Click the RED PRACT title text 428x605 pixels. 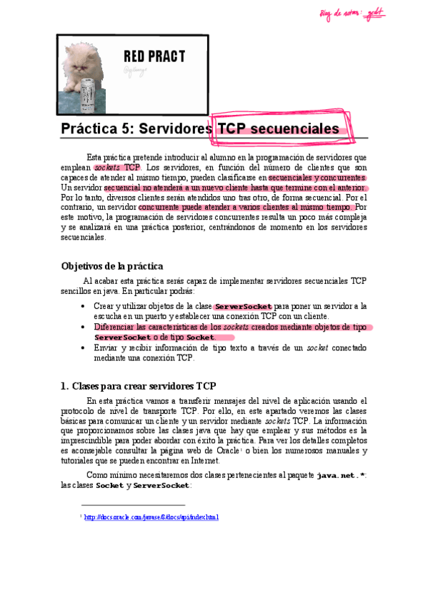154,56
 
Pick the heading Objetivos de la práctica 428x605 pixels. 112,265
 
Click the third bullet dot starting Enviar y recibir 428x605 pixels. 85,347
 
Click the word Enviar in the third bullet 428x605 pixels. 105,347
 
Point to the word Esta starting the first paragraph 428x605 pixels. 94,157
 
